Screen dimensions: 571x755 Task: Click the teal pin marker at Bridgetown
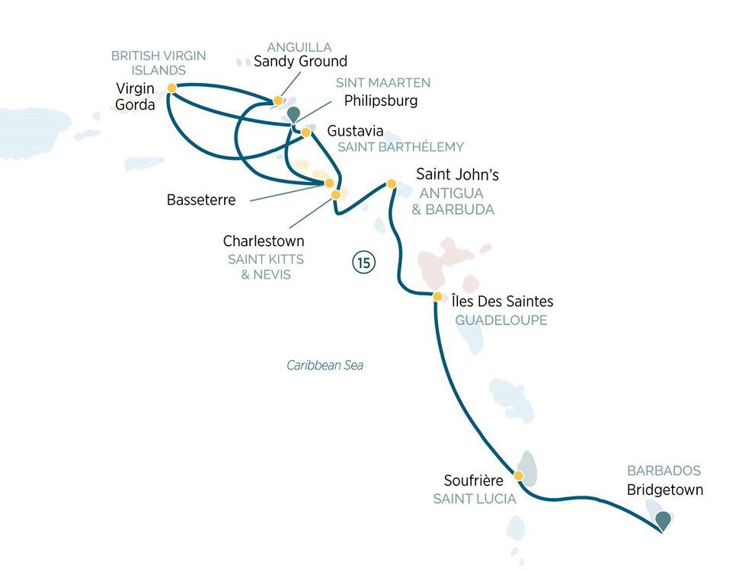coord(664,520)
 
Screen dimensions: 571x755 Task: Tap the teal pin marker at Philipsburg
coord(293,115)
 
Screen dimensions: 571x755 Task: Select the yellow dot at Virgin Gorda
coord(172,88)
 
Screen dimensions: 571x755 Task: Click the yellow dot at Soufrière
coord(518,476)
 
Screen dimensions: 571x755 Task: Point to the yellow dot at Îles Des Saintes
coord(437,296)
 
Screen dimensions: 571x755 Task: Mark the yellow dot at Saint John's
coord(392,183)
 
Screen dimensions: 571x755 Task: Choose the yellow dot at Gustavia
coord(306,132)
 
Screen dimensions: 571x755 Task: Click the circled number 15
coord(364,263)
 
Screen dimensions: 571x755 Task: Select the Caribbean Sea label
coord(325,365)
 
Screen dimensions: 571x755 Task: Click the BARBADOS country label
coord(664,471)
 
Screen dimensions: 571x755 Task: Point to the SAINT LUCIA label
coord(474,499)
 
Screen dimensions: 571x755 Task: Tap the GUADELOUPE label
coord(501,321)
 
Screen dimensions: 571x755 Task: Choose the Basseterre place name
coord(200,201)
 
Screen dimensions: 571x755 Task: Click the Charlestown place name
coord(264,241)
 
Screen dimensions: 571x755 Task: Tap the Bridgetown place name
coord(664,490)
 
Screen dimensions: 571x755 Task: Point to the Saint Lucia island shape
coord(527,469)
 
